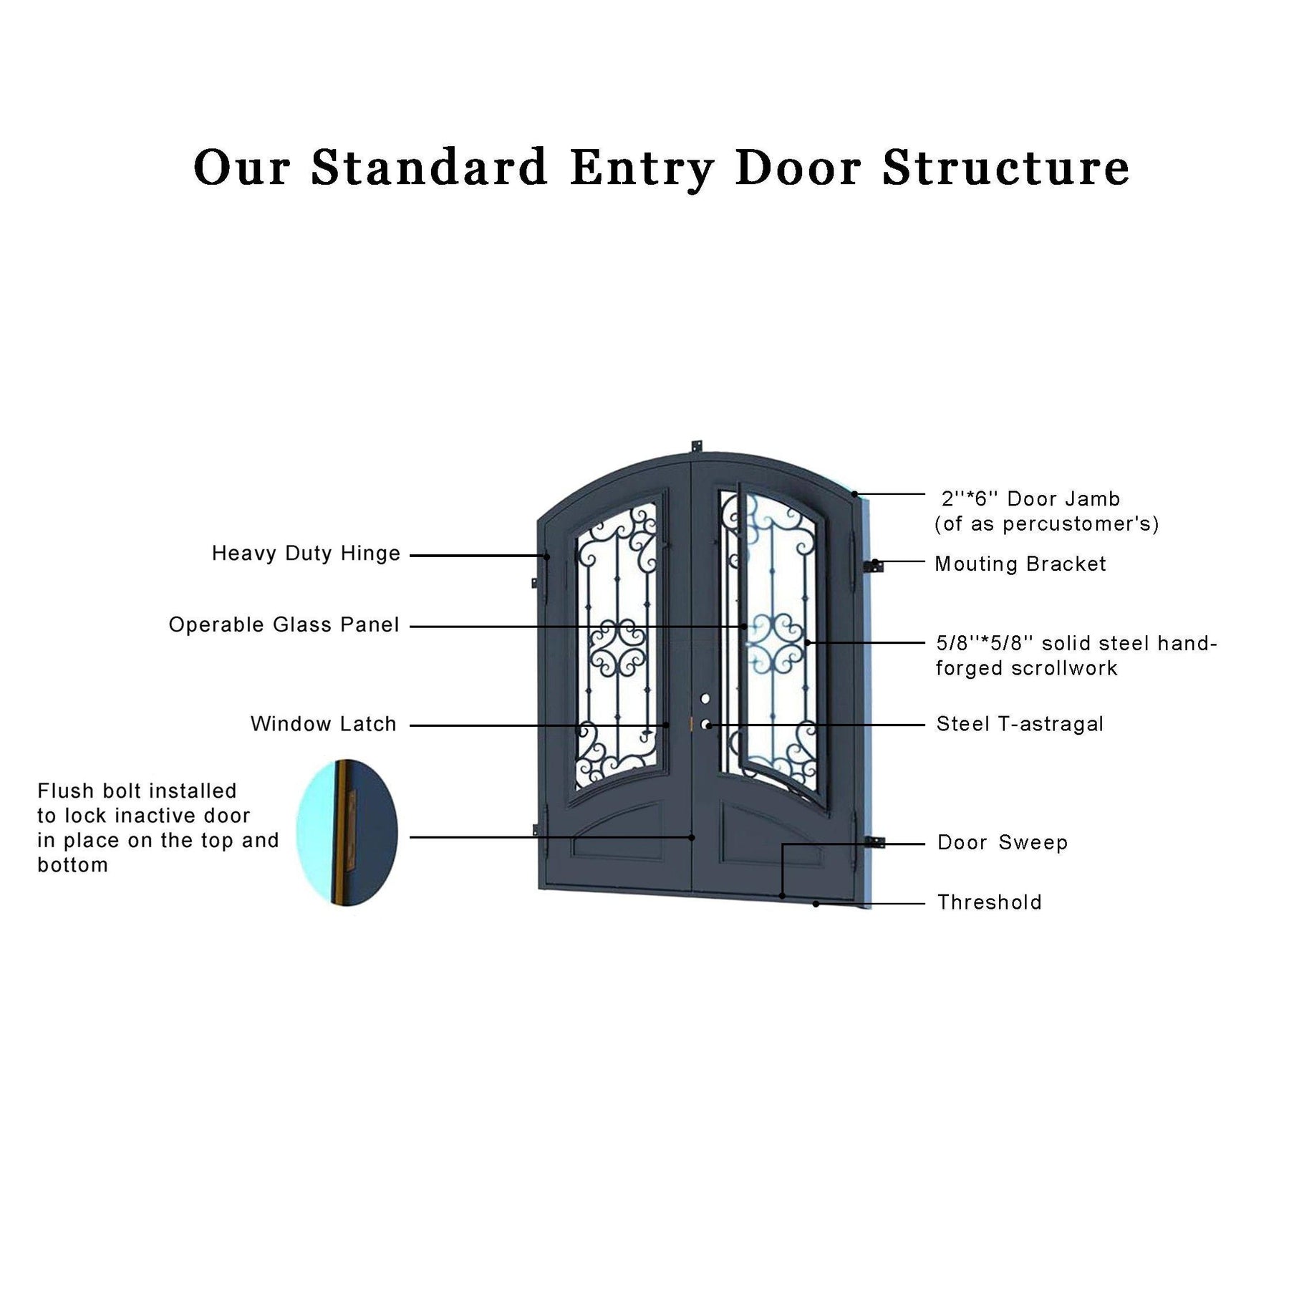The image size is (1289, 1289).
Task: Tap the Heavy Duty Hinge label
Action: tap(306, 554)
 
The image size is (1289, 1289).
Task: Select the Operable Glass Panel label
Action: tap(284, 624)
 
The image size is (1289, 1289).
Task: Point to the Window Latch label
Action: tap(323, 724)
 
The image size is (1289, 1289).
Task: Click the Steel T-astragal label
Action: tap(1020, 724)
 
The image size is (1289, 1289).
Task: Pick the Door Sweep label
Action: tap(1003, 843)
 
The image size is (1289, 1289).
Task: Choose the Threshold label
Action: tap(989, 902)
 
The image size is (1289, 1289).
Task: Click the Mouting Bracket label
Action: tap(1020, 564)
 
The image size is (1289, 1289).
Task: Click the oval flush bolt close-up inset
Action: tap(347, 832)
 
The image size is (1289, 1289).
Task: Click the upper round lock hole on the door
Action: tap(705, 698)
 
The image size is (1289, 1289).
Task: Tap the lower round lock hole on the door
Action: tap(705, 725)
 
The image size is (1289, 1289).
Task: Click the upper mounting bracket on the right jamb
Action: tap(874, 566)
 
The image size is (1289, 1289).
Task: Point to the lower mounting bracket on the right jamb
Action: tap(875, 843)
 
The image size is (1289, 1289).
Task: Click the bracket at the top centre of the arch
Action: tap(695, 446)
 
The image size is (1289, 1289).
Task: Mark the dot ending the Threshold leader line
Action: tap(816, 904)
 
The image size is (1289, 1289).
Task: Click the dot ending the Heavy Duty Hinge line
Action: tap(547, 556)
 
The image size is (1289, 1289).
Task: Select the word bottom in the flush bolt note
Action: tap(73, 866)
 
